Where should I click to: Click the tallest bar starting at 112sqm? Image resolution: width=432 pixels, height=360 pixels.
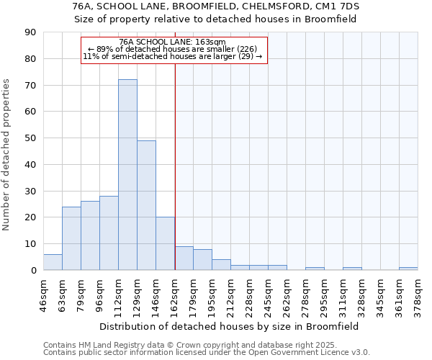coord(127,175)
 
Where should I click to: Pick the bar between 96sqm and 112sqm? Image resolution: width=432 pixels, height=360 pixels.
coord(109,233)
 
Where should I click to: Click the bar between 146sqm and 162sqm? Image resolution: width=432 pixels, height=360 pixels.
coord(165,243)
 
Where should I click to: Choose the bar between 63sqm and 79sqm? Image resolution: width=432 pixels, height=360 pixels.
coord(71,238)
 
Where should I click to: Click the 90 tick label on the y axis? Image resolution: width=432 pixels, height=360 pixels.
coord(30,32)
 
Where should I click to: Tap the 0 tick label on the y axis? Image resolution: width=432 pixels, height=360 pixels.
coord(33,270)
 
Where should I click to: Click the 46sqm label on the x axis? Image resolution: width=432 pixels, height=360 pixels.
coord(43,294)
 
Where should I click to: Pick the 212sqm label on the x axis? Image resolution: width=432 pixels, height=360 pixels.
coord(230,294)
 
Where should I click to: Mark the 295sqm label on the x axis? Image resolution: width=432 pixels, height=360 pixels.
coord(324,294)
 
